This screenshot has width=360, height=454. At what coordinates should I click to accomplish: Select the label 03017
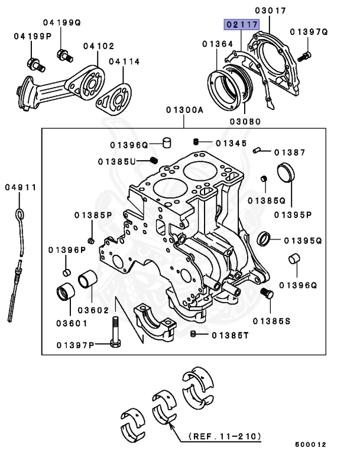pyautogui.click(x=271, y=11)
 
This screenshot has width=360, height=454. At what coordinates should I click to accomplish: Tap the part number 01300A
pyautogui.click(x=184, y=110)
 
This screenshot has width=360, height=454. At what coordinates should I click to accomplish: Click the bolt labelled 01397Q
pyautogui.click(x=304, y=56)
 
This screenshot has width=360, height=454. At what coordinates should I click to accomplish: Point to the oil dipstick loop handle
pyautogui.click(x=20, y=213)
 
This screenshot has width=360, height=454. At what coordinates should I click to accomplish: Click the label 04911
pyautogui.click(x=21, y=187)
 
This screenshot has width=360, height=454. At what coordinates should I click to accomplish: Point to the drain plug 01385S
pyautogui.click(x=265, y=293)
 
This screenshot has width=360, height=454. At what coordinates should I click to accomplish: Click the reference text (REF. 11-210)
pyautogui.click(x=224, y=436)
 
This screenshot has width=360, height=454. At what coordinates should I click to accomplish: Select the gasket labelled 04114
pyautogui.click(x=113, y=96)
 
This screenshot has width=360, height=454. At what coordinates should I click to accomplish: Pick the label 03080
pyautogui.click(x=245, y=121)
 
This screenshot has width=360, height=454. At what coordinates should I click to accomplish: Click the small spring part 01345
pyautogui.click(x=196, y=141)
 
